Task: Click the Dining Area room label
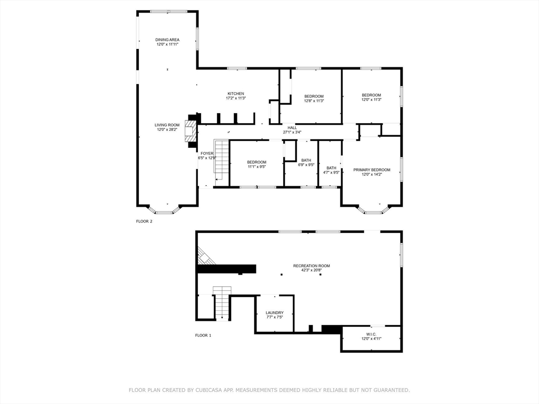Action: point(167,40)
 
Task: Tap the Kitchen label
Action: point(235,94)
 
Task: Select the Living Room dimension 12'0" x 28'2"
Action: point(167,129)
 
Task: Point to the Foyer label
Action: point(207,154)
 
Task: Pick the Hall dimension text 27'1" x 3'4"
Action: point(292,132)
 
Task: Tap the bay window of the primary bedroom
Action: point(373,211)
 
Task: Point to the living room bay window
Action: point(167,211)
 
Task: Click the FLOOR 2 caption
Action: point(144,221)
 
